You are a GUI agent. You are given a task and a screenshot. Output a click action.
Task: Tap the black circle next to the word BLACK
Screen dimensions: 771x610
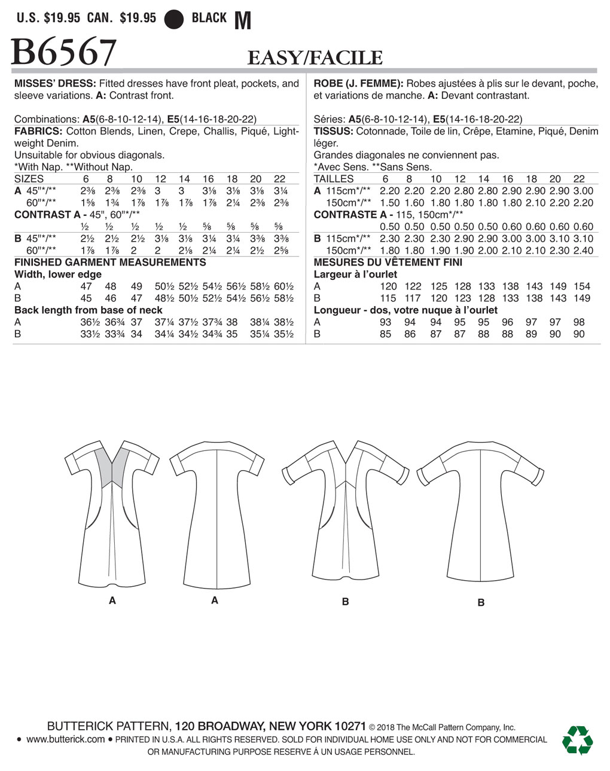174,19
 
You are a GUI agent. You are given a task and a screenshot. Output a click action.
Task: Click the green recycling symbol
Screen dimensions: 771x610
577,740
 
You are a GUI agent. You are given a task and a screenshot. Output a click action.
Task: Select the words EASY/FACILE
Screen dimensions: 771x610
315,58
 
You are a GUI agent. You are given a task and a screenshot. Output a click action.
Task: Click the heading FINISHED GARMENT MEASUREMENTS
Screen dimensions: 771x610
110,262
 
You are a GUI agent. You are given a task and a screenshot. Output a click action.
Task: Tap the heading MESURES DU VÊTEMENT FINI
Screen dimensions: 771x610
388,262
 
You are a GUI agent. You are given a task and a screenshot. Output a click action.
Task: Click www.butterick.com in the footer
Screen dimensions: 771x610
66,739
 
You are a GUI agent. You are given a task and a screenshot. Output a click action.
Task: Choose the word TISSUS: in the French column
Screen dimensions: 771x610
333,131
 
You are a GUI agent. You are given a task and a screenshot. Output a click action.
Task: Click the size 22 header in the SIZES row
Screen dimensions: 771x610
279,179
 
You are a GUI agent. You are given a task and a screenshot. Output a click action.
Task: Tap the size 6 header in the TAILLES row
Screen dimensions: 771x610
385,179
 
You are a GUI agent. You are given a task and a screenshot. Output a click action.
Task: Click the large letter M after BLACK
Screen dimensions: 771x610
242,21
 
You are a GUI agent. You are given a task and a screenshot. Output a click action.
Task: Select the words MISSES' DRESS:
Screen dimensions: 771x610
54,84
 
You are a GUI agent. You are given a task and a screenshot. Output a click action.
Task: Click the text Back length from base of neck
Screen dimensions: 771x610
89,310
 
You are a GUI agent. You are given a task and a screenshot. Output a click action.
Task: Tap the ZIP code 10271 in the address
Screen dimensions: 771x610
347,726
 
